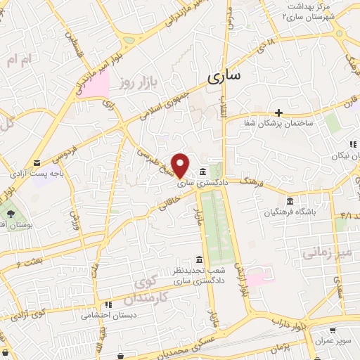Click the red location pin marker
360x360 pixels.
181,165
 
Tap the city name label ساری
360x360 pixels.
224,74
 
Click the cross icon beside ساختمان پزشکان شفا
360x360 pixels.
279,112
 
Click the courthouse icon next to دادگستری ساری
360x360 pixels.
202,172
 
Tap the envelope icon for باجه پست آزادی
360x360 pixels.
37,162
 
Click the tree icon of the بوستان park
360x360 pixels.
11,212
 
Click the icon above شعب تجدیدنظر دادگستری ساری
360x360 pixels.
200,259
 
